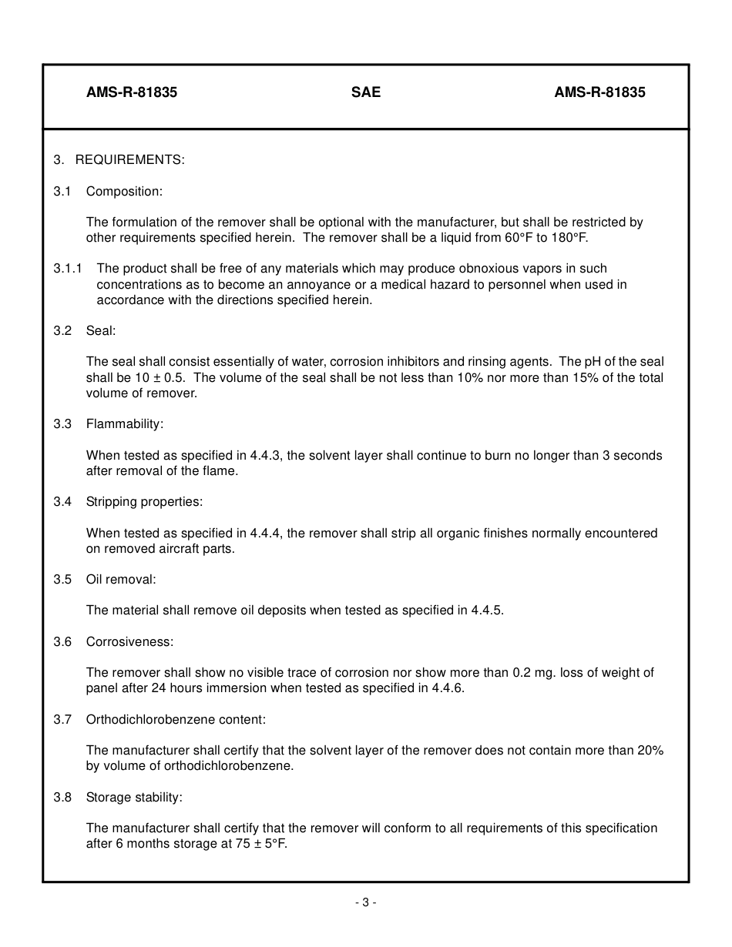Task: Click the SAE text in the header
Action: click(366, 92)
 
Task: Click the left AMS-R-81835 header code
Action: click(132, 92)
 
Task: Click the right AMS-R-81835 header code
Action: click(599, 92)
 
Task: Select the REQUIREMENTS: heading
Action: click(129, 160)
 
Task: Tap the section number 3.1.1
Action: click(68, 269)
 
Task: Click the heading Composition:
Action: click(124, 191)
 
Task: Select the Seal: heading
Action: click(101, 331)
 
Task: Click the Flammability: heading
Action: click(125, 424)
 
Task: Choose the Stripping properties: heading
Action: click(144, 502)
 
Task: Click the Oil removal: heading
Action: click(121, 580)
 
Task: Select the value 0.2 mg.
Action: click(534, 673)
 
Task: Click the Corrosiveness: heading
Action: click(129, 642)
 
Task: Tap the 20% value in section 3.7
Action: click(650, 751)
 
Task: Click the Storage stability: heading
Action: click(134, 798)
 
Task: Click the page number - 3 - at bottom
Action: click(366, 903)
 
